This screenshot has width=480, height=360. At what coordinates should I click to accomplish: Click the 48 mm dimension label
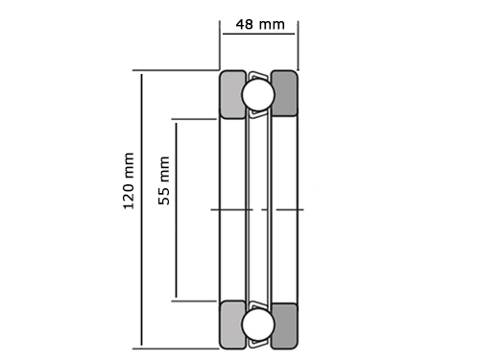[260, 25]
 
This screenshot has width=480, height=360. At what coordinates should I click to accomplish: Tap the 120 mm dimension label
[129, 181]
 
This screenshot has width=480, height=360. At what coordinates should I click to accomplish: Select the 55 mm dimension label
[164, 180]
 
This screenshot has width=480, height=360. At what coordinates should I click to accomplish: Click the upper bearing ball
[258, 95]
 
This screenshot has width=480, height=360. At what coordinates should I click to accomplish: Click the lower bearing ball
[258, 324]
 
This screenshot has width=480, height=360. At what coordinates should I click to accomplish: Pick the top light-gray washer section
[233, 94]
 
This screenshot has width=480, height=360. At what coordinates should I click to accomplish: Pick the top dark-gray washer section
[284, 93]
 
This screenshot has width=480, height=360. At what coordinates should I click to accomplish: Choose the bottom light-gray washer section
[233, 324]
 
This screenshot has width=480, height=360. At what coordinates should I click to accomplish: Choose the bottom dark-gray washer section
[284, 325]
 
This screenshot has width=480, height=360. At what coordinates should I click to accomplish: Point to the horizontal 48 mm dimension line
[258, 34]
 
